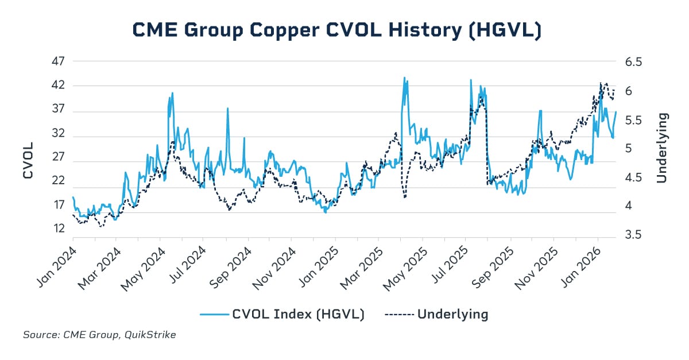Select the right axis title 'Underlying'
(661, 148)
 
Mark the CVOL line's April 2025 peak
(404, 78)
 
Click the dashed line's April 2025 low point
(405, 198)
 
